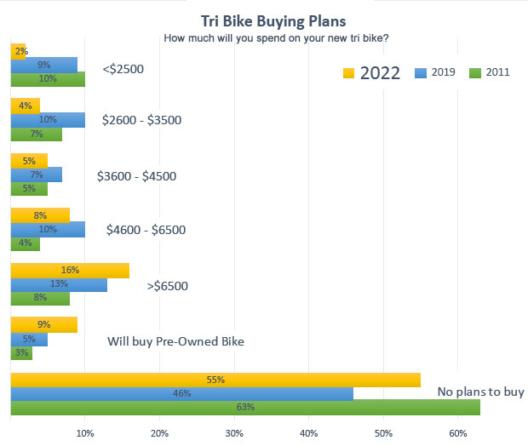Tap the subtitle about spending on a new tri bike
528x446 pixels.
coord(276,37)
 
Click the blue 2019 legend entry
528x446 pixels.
coord(434,72)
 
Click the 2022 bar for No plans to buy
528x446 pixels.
coord(215,380)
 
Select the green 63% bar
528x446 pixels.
coord(245,407)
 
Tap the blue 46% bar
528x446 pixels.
coord(182,393)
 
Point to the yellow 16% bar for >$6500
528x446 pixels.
coord(70,270)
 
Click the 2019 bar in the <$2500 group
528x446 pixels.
coord(44,64)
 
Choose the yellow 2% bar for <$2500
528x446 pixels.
coord(18,50)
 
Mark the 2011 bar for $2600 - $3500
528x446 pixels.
coord(36,134)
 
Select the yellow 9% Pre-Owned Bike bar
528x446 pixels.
coord(44,324)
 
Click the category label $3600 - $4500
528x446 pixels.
coord(150,176)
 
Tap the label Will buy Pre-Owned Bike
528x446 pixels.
coord(175,341)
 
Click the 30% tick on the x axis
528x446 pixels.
coord(234,434)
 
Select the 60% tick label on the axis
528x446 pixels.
coord(458,434)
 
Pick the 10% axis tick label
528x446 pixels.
coord(85,434)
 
